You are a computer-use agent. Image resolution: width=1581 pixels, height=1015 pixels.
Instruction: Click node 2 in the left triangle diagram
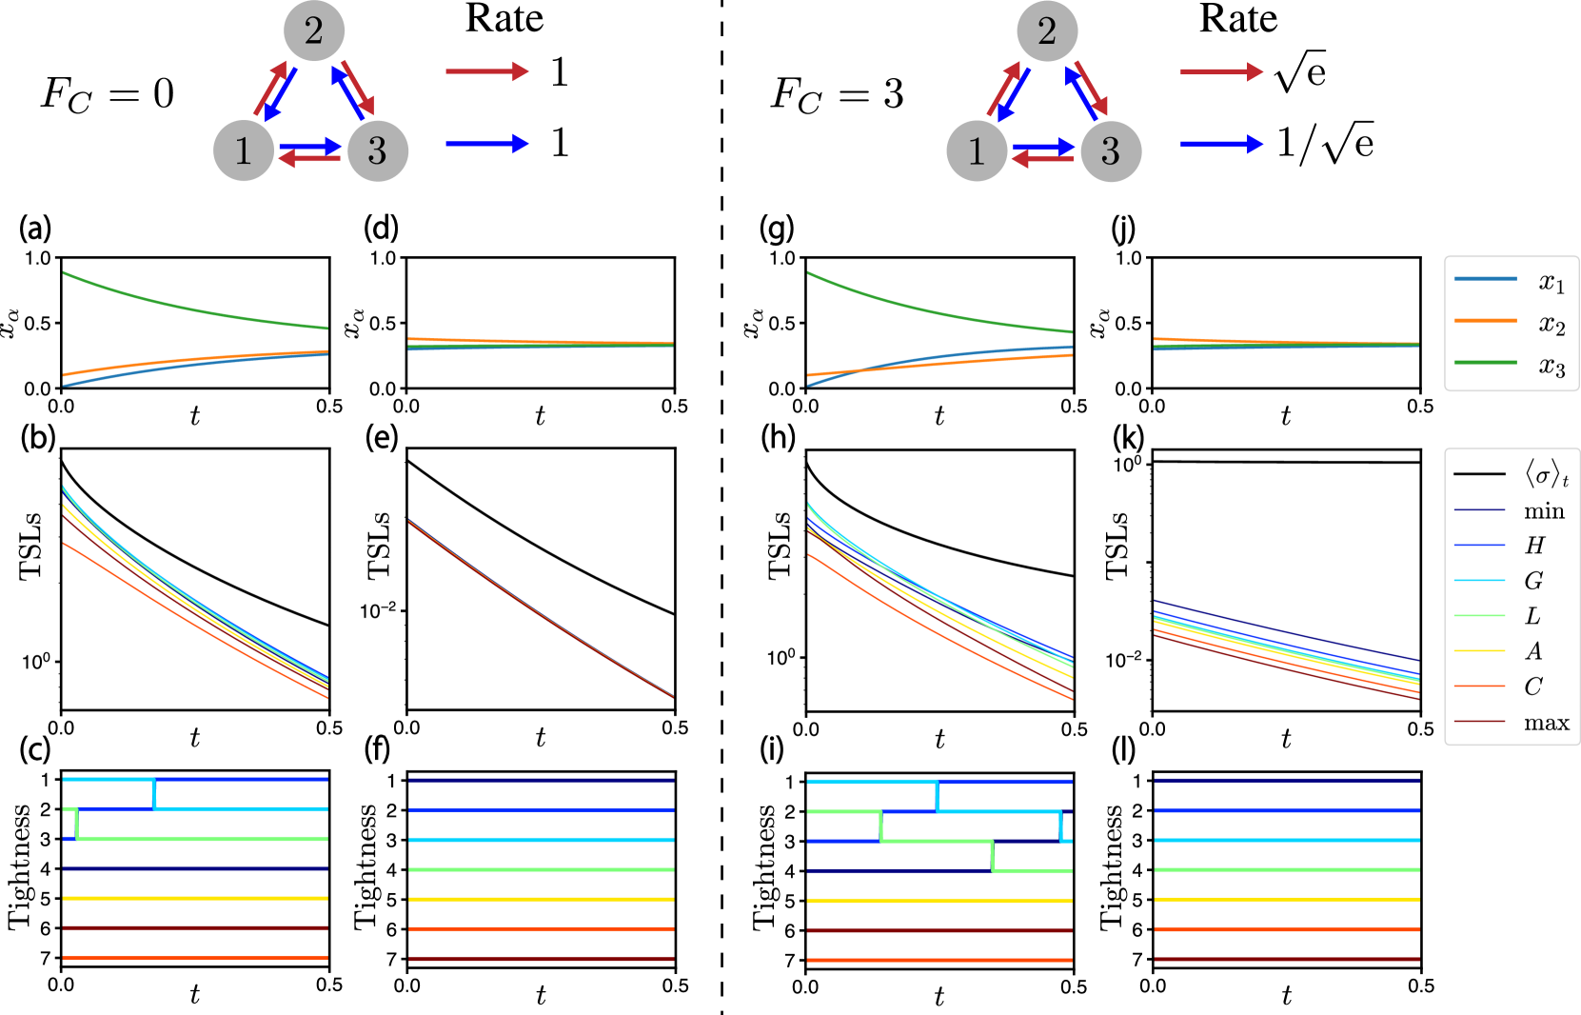pos(314,31)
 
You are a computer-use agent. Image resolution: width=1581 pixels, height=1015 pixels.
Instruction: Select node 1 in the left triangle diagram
pos(244,150)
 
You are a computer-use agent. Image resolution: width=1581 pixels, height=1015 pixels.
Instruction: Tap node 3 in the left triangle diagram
pos(378,150)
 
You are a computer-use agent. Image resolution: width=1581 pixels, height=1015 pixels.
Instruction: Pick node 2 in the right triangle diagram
pos(1047,31)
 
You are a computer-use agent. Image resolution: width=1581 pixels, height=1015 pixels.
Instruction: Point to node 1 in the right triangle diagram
pos(977,150)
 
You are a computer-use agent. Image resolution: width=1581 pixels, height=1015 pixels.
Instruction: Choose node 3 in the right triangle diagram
pos(1111,150)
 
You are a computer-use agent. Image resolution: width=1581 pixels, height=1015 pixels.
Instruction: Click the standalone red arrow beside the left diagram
pos(486,71)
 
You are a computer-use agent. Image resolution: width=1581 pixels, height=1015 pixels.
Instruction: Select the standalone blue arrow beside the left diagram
pos(486,144)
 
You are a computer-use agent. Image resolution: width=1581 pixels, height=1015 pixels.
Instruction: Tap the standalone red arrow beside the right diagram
pos(1221,71)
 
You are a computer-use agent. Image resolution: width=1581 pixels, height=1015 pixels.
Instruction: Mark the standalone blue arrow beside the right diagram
pos(1221,145)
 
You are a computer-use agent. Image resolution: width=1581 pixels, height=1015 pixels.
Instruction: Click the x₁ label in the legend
pos(1551,282)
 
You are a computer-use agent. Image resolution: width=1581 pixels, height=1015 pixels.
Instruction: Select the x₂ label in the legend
pos(1551,325)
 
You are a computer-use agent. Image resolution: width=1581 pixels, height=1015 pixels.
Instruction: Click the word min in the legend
pos(1544,511)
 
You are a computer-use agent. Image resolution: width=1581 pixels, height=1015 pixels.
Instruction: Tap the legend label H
pos(1534,546)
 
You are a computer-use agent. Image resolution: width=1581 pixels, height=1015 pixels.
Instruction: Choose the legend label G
pos(1533,581)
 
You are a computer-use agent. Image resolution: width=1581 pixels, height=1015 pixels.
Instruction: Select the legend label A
pos(1533,651)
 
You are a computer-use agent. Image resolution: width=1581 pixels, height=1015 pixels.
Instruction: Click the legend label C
pos(1533,687)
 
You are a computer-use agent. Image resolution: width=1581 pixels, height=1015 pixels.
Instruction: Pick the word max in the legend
pos(1546,723)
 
